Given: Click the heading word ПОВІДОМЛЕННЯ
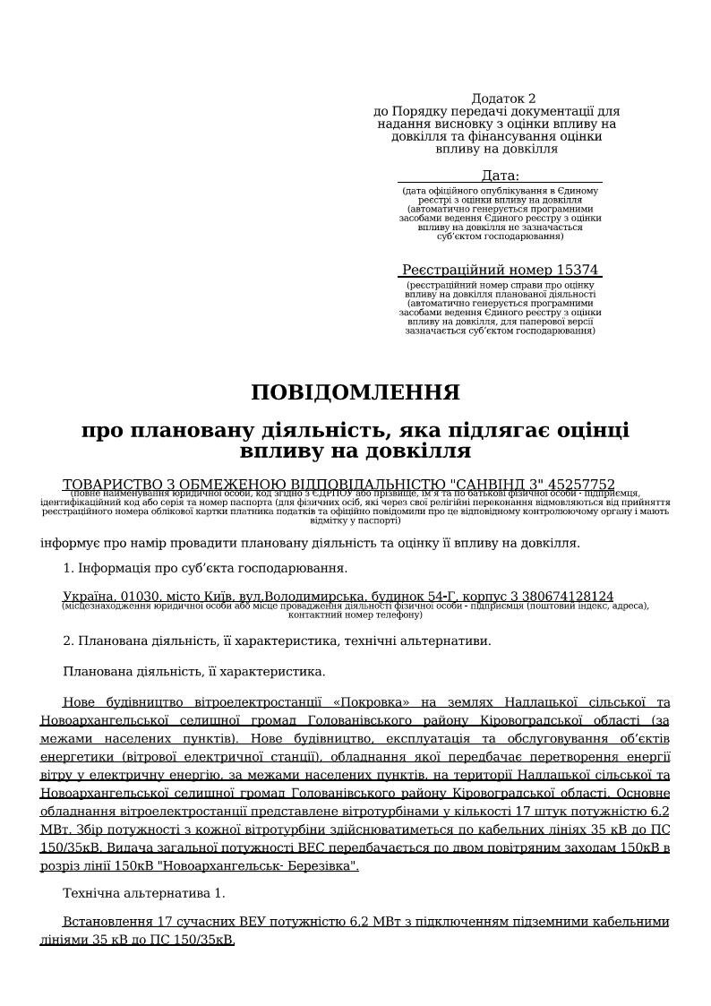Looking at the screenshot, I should click(x=355, y=393).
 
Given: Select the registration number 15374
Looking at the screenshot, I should click(x=577, y=270).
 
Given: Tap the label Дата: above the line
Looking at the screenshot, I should click(x=500, y=176).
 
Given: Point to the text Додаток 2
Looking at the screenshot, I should click(x=503, y=99).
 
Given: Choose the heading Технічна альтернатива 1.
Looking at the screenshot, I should click(x=144, y=893).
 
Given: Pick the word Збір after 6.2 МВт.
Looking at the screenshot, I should click(x=85, y=830).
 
